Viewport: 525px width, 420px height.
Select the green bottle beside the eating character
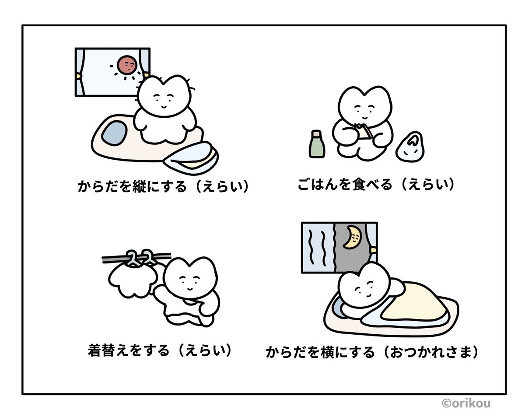coord(316,145)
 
